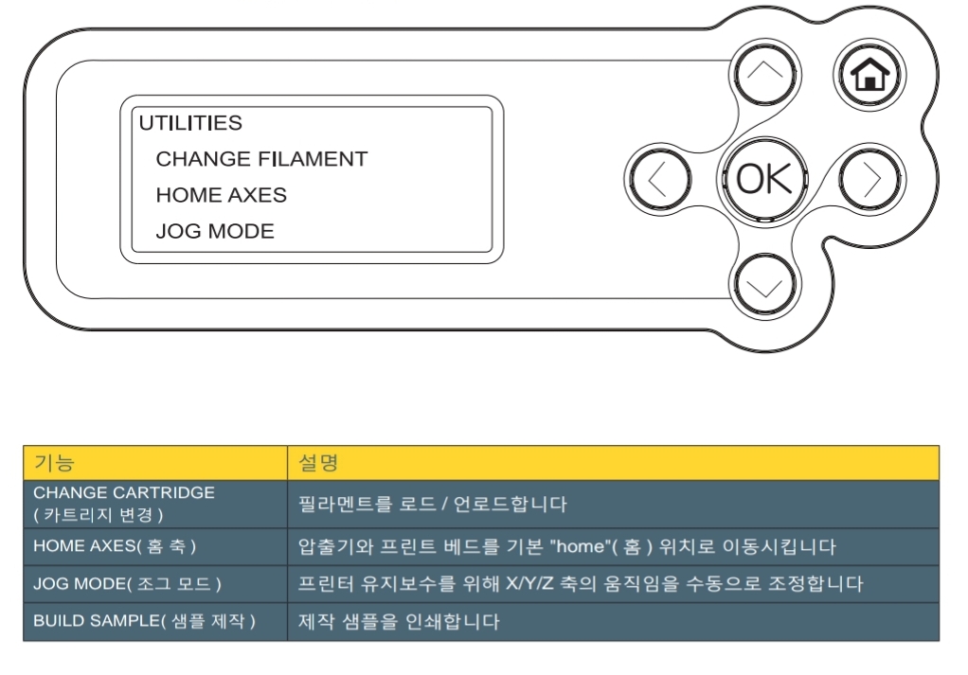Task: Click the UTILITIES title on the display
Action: (x=190, y=123)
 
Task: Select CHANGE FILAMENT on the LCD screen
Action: (x=261, y=159)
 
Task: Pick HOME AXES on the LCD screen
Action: (x=222, y=195)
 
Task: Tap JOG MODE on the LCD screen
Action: (x=215, y=231)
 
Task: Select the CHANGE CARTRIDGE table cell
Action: (x=124, y=504)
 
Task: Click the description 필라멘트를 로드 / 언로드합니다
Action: (x=432, y=504)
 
